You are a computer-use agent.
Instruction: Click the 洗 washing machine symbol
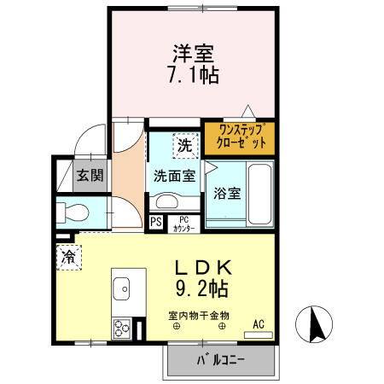(x=183, y=146)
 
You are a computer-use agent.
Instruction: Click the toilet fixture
(x=73, y=212)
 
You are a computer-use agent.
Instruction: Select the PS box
(x=155, y=224)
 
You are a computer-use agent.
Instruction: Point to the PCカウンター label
(x=183, y=224)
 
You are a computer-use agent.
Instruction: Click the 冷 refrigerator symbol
(x=68, y=254)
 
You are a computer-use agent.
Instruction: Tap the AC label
(x=259, y=323)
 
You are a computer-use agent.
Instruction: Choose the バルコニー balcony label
(x=220, y=359)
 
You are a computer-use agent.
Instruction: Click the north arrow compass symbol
(x=315, y=325)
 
